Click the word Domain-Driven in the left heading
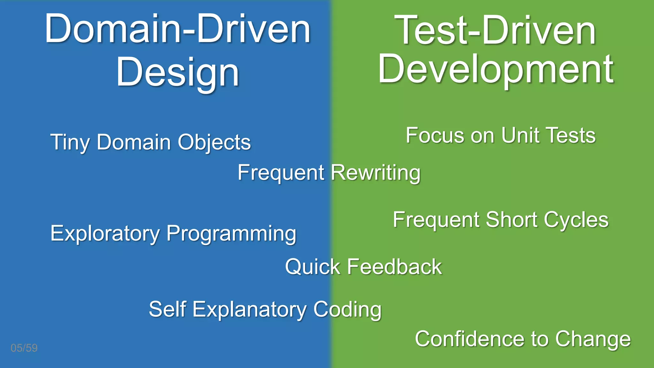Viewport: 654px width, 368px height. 178,29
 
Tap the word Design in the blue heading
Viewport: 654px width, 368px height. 178,72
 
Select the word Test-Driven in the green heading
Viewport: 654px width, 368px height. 495,31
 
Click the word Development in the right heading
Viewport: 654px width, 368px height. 496,70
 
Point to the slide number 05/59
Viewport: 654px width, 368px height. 24,348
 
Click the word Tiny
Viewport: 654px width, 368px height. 70,142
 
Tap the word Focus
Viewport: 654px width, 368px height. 434,135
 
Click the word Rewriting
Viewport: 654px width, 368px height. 376,173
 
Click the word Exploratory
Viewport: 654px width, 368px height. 105,234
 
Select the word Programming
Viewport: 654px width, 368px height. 232,234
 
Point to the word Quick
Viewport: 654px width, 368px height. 313,267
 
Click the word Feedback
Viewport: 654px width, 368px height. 394,267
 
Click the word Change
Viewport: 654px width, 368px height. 593,339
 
